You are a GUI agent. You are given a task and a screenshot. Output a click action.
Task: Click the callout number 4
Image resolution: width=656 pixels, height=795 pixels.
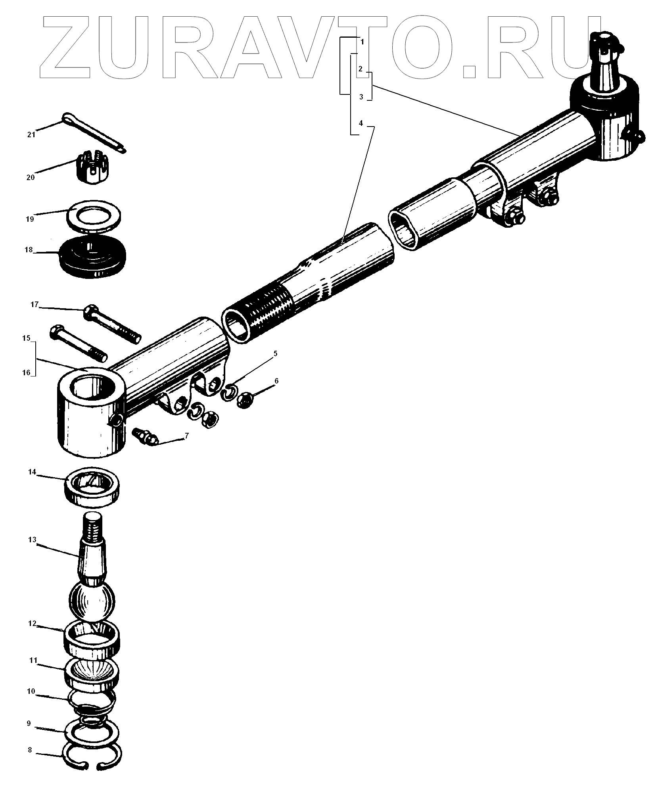360,123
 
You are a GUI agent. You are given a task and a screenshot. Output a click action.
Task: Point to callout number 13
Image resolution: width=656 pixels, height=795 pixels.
32,540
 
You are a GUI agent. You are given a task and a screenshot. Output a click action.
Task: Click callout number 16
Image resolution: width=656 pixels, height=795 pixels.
26,373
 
